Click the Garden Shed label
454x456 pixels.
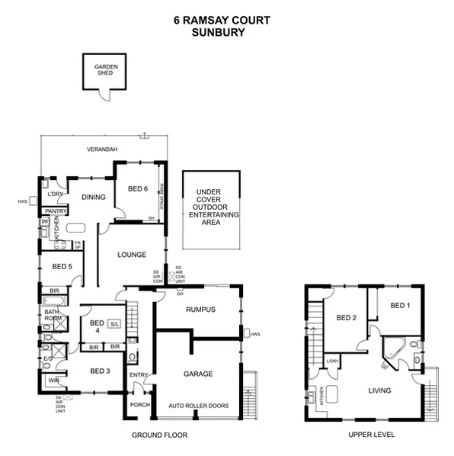105,70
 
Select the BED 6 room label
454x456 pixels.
138,189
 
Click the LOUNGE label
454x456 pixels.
131,255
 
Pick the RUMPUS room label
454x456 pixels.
201,310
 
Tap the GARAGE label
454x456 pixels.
197,374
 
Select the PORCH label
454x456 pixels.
139,405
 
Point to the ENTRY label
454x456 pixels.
139,375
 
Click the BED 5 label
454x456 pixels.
62,266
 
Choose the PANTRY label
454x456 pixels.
54,211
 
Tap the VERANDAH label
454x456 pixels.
101,149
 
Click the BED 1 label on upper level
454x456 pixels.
400,305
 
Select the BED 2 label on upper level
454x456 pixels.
347,318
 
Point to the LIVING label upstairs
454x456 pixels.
379,390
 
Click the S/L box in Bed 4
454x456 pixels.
115,325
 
